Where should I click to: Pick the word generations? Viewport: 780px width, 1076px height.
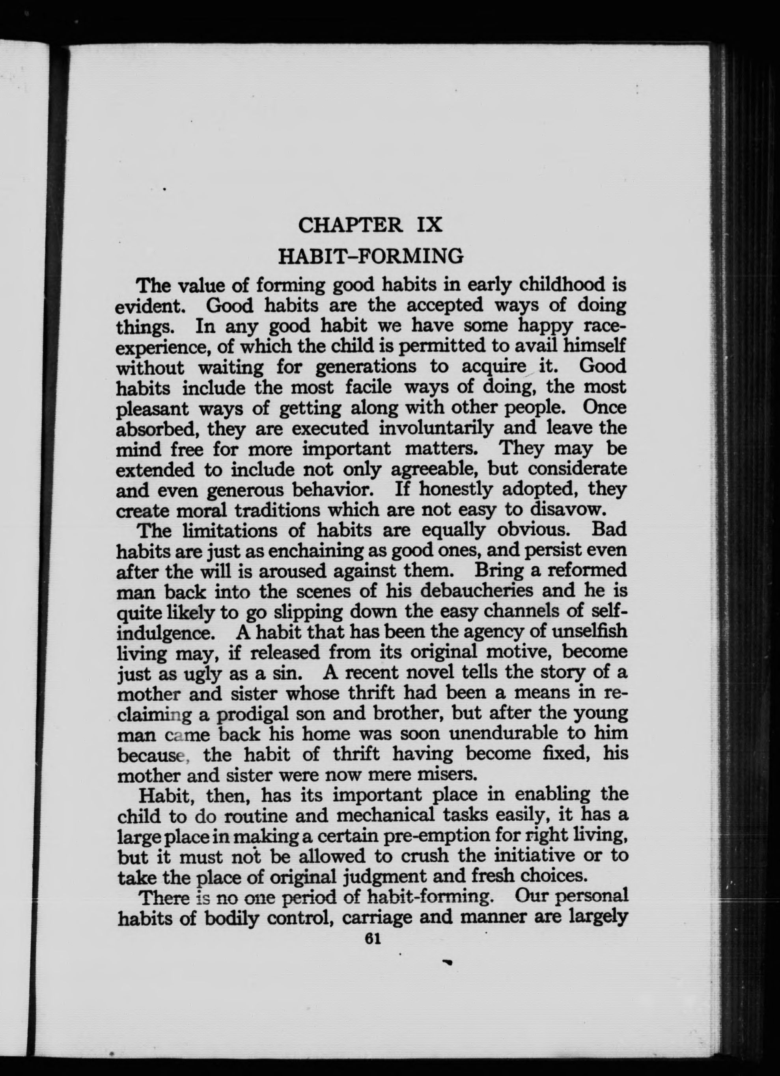tap(366, 367)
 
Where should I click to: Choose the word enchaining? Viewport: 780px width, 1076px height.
tap(280, 551)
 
